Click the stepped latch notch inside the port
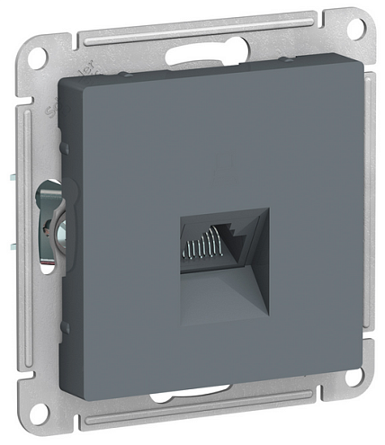pyautogui.click(x=236, y=235)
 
